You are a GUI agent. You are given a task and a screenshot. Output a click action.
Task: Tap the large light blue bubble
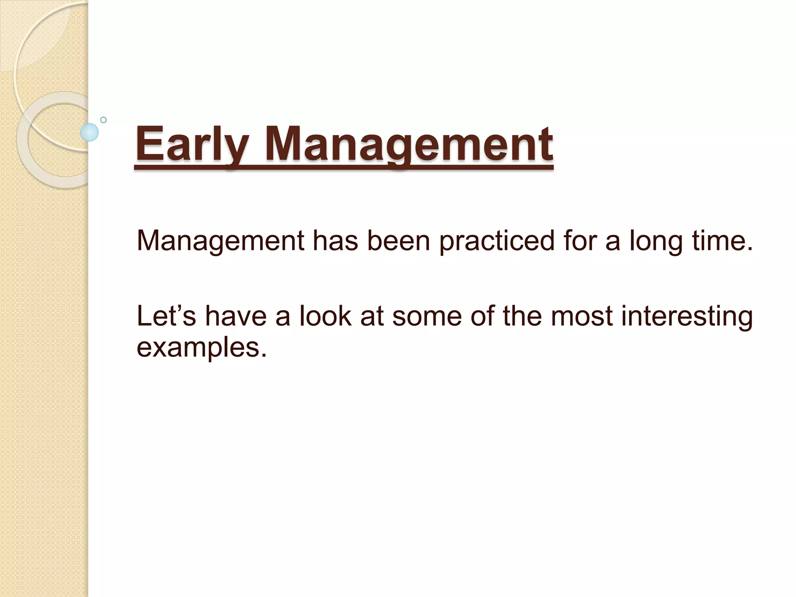click(89, 132)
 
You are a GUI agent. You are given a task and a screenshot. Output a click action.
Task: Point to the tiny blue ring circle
click(103, 120)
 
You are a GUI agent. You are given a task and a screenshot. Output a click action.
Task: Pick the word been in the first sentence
click(398, 241)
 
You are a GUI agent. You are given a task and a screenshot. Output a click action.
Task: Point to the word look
click(325, 316)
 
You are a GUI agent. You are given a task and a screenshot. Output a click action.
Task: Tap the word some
click(427, 316)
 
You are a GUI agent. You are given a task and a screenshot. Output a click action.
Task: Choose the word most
click(581, 316)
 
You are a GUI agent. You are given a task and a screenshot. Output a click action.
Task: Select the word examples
click(202, 347)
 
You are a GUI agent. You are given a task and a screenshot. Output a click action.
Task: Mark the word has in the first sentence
click(335, 241)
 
